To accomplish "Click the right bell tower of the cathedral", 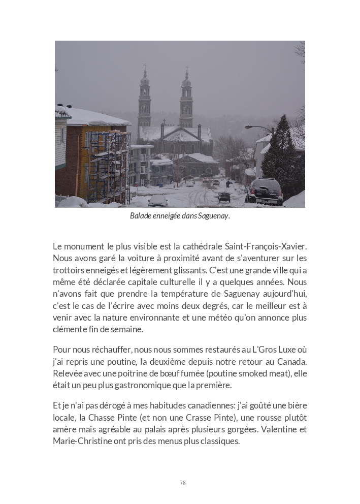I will (x=186, y=99).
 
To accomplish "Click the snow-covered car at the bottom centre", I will (x=158, y=200).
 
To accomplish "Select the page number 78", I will (x=183, y=483).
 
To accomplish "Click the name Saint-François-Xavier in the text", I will (x=266, y=246).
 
